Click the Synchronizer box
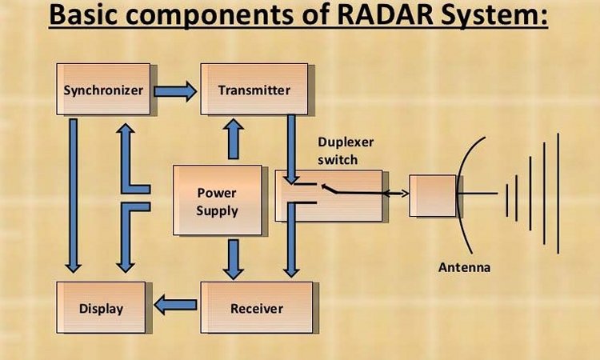(x=103, y=89)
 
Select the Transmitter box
(x=254, y=89)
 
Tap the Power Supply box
(x=218, y=200)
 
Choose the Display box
(x=101, y=307)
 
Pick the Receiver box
(x=257, y=307)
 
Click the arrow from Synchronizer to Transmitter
(x=175, y=91)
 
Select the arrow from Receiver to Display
(x=175, y=305)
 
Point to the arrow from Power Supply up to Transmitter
(x=234, y=139)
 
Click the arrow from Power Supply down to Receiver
(x=234, y=259)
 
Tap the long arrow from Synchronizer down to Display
(x=73, y=195)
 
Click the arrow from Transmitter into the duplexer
(x=291, y=150)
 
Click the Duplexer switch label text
(x=346, y=150)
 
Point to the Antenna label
(x=464, y=267)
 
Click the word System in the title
(x=494, y=15)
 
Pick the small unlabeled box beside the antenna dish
(x=433, y=196)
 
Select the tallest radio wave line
(x=558, y=193)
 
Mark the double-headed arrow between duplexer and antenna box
(x=396, y=194)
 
